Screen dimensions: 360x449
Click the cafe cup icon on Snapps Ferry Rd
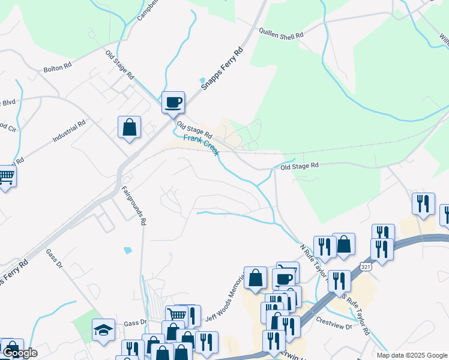(x=173, y=103)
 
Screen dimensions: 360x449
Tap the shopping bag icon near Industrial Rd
(x=129, y=127)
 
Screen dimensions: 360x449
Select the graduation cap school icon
(x=103, y=329)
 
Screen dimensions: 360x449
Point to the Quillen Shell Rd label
(x=282, y=33)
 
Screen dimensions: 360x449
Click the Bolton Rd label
(x=58, y=68)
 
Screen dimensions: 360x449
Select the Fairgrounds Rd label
(x=134, y=205)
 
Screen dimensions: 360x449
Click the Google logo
(x=19, y=353)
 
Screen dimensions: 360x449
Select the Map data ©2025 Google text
(x=412, y=355)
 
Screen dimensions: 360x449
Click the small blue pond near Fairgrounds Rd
(x=127, y=250)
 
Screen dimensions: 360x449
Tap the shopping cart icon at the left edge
(x=6, y=176)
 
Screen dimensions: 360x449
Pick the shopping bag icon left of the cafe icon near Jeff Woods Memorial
(x=256, y=278)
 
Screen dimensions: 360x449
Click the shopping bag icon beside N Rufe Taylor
(x=343, y=244)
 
